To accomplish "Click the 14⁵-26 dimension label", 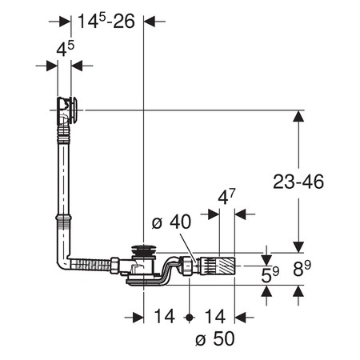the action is pyautogui.click(x=106, y=21).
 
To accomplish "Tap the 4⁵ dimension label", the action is pyautogui.click(x=65, y=49).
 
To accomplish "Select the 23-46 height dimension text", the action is pyautogui.click(x=298, y=182).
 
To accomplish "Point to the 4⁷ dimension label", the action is pyautogui.click(x=226, y=197).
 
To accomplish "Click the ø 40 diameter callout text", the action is pyautogui.click(x=171, y=222).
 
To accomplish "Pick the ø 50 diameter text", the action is pyautogui.click(x=215, y=338).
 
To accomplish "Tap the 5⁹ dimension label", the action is pyautogui.click(x=270, y=274).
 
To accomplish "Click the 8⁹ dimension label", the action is pyautogui.click(x=302, y=269).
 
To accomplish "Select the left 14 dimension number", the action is pyautogui.click(x=165, y=317).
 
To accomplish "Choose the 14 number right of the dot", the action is pyautogui.click(x=215, y=317).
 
